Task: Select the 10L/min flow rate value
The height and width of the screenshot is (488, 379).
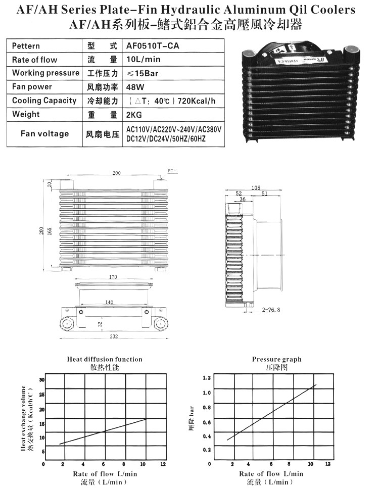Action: (x=142, y=60)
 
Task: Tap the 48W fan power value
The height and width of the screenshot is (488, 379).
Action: (x=133, y=87)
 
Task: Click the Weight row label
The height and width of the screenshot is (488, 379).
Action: (x=26, y=114)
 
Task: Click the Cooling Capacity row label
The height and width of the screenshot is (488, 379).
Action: (x=44, y=101)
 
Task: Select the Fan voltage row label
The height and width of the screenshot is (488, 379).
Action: (x=44, y=133)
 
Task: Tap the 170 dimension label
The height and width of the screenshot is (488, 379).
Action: (x=112, y=277)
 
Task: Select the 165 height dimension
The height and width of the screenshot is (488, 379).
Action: (x=50, y=230)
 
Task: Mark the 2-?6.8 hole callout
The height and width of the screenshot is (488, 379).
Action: (x=272, y=309)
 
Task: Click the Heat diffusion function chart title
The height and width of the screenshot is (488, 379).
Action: (x=105, y=359)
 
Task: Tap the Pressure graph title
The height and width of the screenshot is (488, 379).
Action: (x=276, y=359)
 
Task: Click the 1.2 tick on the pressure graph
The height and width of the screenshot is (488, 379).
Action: (x=206, y=378)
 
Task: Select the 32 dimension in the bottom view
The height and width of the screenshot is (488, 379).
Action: (x=101, y=324)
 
